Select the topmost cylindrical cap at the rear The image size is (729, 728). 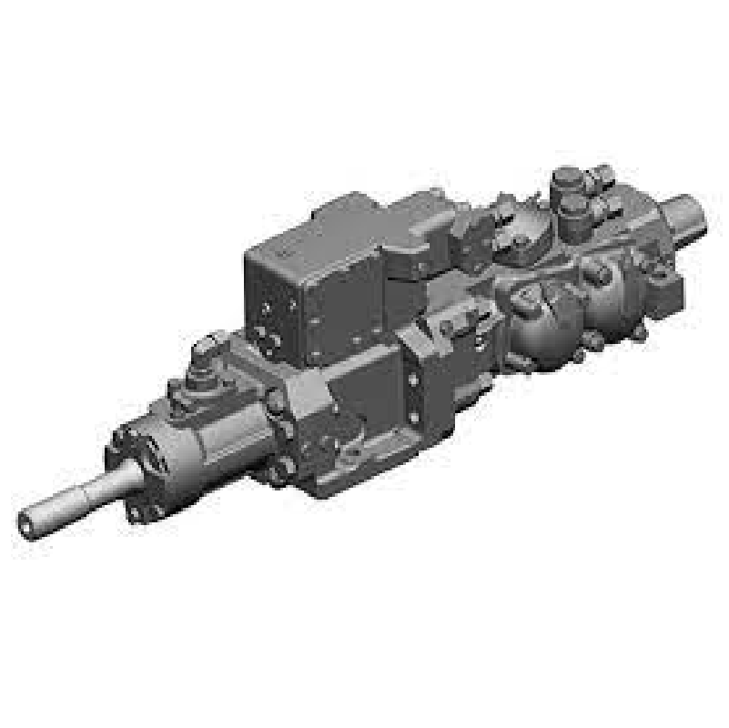coord(566,178)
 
